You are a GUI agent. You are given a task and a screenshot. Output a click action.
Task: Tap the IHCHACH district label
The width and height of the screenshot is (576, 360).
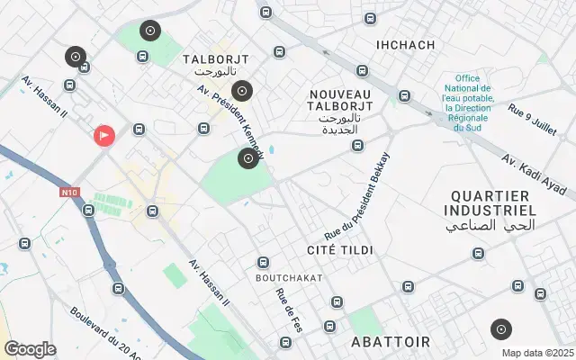click(x=405, y=45)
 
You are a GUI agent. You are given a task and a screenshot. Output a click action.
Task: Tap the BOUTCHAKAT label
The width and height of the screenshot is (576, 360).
click(x=289, y=278)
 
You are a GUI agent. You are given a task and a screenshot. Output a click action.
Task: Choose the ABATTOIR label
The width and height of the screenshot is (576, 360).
click(x=391, y=342)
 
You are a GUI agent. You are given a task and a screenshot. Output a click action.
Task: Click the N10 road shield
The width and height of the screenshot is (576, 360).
click(x=69, y=192)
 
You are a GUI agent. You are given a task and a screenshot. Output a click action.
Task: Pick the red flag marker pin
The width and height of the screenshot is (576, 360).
click(x=104, y=136)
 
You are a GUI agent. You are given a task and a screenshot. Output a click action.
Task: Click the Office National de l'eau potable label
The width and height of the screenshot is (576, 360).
click(x=466, y=103)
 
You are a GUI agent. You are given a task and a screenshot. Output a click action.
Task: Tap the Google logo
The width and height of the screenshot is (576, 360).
click(x=30, y=349)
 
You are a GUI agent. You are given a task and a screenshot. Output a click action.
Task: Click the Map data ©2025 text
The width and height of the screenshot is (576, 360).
click(x=536, y=353)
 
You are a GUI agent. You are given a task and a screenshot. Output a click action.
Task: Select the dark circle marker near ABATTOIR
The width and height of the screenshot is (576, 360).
click(x=501, y=329)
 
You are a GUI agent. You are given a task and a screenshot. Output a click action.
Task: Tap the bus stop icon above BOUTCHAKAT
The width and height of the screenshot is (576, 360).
click(x=264, y=262)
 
